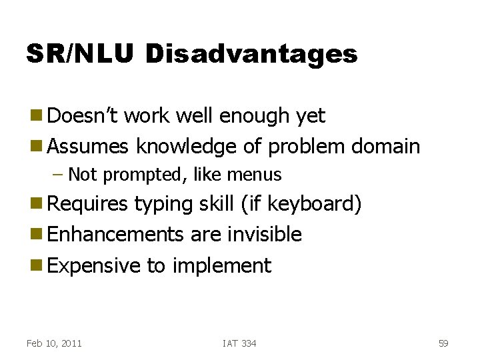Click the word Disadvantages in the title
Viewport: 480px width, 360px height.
pos(251,54)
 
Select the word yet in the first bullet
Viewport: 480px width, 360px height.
pos(310,116)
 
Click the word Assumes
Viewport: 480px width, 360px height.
pos(89,145)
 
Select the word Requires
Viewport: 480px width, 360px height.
pos(88,204)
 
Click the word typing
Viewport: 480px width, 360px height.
pos(165,204)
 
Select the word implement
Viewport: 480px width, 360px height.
pos(221,265)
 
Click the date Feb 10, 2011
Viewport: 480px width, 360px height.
pos(54,343)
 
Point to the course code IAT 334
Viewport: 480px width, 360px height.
pos(239,343)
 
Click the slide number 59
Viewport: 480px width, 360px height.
pos(443,343)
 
